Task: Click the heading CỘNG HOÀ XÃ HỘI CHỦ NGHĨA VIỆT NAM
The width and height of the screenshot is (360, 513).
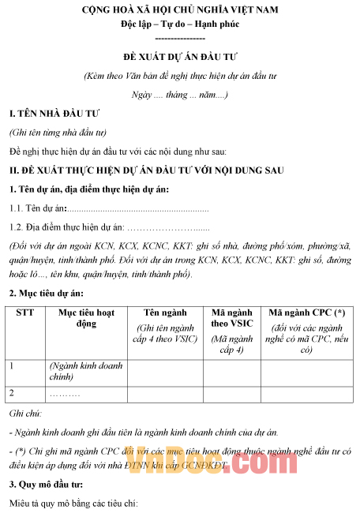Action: click(180, 10)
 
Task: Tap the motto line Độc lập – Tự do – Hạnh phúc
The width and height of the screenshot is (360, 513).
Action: click(180, 24)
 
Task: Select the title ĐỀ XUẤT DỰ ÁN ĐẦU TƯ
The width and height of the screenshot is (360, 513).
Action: click(180, 58)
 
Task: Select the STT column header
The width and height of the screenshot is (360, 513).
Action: click(25, 313)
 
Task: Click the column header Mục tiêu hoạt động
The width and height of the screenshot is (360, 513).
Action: click(87, 318)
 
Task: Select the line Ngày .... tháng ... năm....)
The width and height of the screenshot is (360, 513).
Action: click(180, 94)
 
